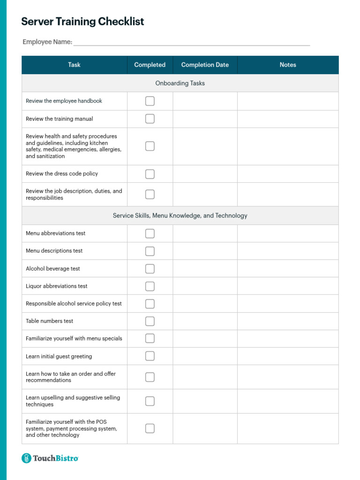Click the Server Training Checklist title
tap(82, 22)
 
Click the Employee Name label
tap(47, 42)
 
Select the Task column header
tap(74, 65)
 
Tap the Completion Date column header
tap(205, 65)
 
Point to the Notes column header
tap(288, 65)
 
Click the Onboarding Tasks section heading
tap(180, 83)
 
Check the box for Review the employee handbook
tap(150, 101)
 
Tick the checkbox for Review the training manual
tap(150, 119)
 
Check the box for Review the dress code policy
tap(150, 174)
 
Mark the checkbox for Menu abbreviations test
tap(150, 233)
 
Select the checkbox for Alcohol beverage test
tap(150, 269)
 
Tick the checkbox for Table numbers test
tap(150, 321)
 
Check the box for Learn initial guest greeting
tap(150, 356)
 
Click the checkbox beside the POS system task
tap(150, 428)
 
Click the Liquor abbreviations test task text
tap(57, 286)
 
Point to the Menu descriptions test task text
tap(54, 251)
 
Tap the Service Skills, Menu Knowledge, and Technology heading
tap(180, 216)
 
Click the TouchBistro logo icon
tap(27, 458)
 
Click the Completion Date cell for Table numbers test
tap(205, 321)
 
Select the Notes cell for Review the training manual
tap(288, 119)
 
